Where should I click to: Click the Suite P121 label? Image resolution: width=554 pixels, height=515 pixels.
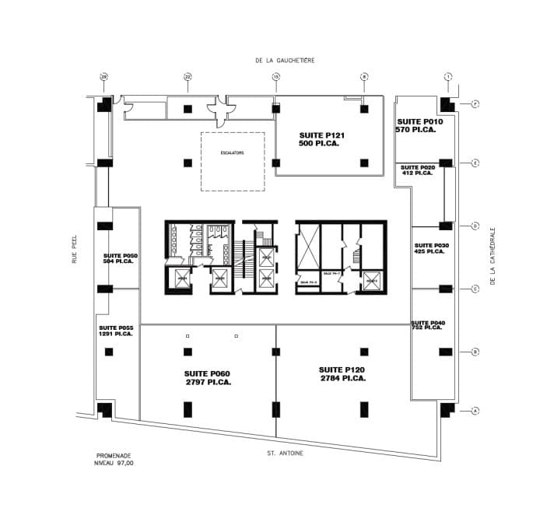[321, 139]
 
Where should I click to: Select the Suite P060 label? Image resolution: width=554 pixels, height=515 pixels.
[208, 377]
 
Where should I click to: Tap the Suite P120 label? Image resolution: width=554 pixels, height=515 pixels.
[342, 373]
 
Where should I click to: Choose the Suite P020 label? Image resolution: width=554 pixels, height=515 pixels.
[417, 170]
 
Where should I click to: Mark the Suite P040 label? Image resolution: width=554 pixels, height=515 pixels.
[428, 325]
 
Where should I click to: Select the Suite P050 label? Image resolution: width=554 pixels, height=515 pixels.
[120, 259]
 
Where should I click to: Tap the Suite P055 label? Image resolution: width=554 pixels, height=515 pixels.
[115, 331]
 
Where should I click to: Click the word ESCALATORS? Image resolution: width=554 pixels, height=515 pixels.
[232, 152]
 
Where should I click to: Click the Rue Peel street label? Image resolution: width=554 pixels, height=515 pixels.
[75, 251]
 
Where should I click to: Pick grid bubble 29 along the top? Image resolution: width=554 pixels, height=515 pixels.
[103, 76]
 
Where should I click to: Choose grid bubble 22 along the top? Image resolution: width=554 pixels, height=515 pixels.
[188, 76]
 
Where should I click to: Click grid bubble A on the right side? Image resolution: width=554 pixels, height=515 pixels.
[475, 411]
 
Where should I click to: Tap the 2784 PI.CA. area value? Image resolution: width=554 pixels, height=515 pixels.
[342, 378]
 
